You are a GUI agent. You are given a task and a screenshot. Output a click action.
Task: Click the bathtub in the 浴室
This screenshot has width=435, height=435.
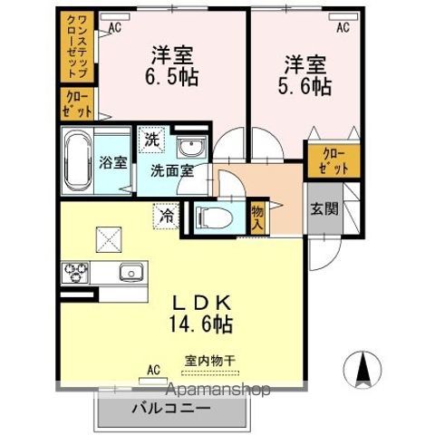click(x=78, y=161)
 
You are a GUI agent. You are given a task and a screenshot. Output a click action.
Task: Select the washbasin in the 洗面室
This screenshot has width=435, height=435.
click(x=191, y=150)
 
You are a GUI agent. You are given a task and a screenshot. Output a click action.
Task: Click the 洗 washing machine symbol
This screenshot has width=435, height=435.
click(x=152, y=141)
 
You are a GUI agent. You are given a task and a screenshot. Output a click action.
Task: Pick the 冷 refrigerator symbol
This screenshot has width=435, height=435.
click(x=167, y=217)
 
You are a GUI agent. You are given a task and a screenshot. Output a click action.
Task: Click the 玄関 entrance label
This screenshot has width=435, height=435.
click(x=325, y=209)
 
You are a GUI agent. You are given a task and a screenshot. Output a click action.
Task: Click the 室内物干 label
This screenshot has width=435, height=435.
click(x=210, y=360)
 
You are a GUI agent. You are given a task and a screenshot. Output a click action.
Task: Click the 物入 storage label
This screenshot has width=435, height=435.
click(x=257, y=217)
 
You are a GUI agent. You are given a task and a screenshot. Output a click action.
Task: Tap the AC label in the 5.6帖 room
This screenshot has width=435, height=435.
click(x=343, y=28)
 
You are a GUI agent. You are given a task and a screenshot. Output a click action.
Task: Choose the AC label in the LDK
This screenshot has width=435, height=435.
click(x=152, y=370)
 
